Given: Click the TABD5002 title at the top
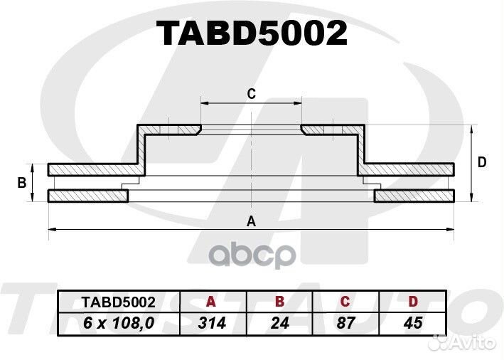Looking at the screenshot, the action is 252,33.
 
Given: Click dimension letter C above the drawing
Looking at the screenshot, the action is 252,94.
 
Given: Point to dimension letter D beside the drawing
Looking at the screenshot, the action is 482,162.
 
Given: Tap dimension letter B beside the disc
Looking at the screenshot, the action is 21,183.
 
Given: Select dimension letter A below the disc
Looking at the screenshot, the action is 251,221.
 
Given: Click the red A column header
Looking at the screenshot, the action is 210,302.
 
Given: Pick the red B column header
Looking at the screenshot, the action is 280,302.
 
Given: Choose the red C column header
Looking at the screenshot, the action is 345,302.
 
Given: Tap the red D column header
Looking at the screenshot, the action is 413,302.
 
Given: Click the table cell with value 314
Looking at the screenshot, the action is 213,323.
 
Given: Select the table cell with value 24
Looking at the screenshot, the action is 279,323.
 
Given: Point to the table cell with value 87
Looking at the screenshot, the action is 346,323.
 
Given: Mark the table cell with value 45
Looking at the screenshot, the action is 413,323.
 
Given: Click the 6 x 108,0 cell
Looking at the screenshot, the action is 119,323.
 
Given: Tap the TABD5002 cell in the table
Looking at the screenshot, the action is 119,302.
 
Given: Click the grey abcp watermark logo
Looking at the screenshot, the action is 252,255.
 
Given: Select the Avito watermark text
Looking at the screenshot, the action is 473,343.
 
